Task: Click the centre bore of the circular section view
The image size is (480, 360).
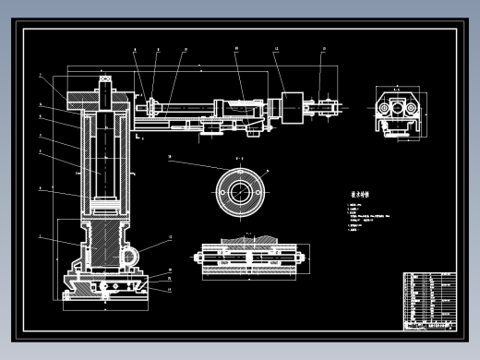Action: pos(240,192)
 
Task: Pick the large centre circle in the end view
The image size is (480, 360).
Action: pos(399,110)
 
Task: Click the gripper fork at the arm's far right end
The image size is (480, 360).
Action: pos(329,109)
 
